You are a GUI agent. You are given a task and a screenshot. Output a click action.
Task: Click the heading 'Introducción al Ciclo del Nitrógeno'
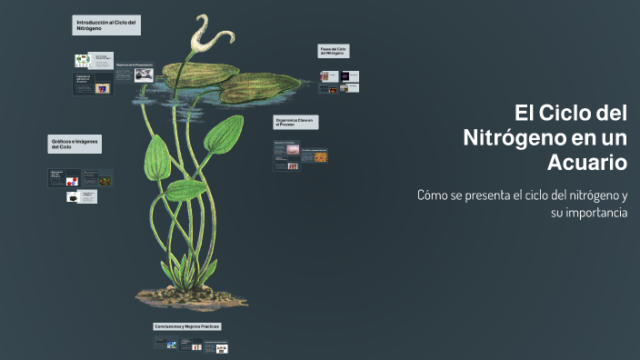[x=106, y=25]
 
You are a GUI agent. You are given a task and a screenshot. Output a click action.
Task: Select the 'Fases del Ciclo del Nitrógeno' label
[x=334, y=51]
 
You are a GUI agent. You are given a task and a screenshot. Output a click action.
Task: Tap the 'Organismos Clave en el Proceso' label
[x=295, y=122]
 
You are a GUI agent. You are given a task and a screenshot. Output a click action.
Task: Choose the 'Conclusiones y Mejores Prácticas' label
[x=186, y=325]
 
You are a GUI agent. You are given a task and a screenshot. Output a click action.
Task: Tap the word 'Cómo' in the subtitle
[x=432, y=195]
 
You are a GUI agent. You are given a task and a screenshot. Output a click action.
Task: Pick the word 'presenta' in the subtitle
[x=495, y=195]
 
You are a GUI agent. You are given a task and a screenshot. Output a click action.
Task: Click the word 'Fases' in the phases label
[x=325, y=48]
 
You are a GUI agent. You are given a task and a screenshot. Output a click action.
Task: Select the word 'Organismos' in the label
[x=288, y=119]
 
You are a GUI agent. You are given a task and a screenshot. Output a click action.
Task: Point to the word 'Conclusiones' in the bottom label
[x=169, y=325]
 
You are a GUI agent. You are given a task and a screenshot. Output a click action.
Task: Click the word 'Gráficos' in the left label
[x=62, y=141]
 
